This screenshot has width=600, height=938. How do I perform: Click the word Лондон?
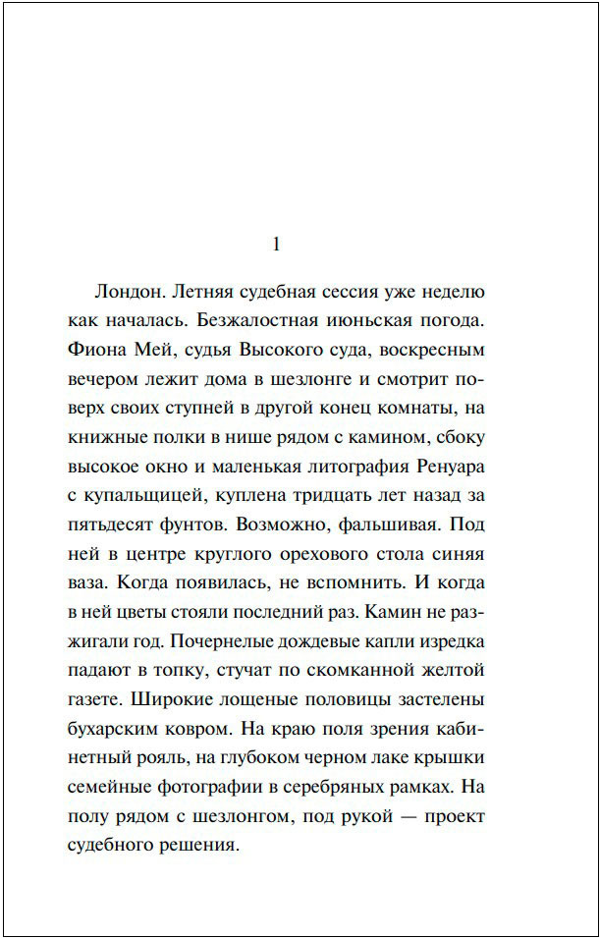pyautogui.click(x=128, y=293)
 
